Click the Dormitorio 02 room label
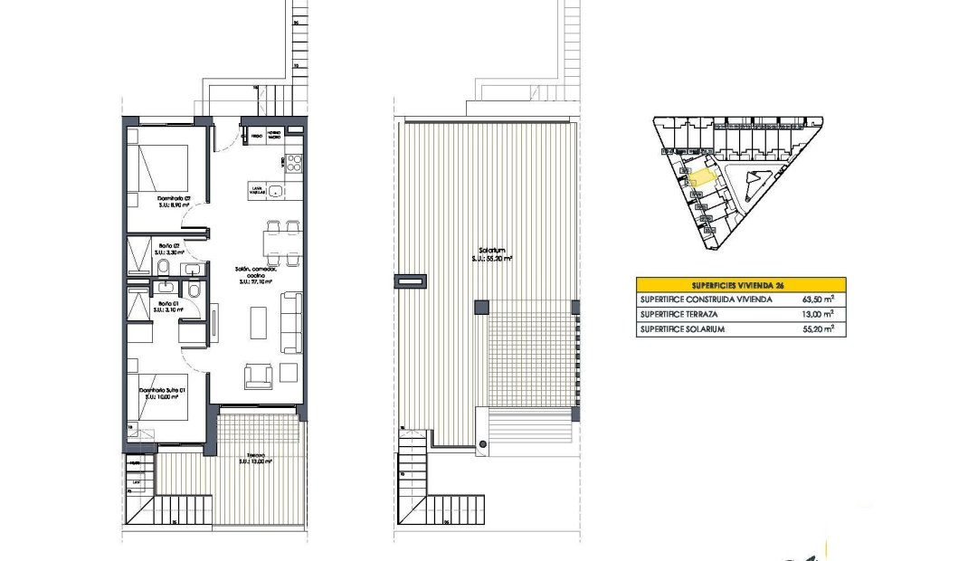pos(175,200)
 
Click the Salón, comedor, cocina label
pos(258,272)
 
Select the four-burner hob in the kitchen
pos(293,162)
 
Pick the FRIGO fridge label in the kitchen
pos(257,136)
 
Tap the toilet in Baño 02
pos(162,268)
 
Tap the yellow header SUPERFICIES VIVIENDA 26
pos(741,283)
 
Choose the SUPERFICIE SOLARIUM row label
pos(682,329)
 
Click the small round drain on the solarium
pos(483,444)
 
